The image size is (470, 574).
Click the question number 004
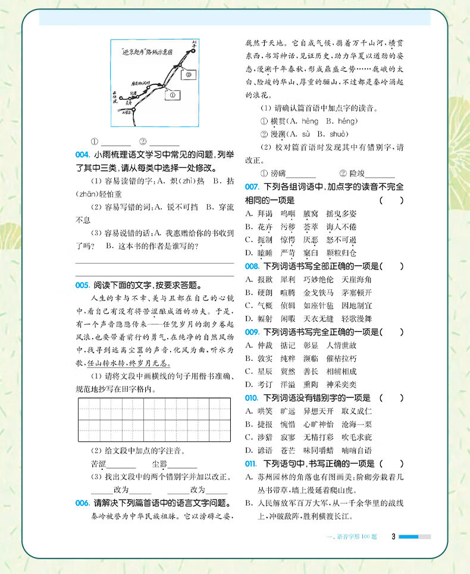pos(82,155)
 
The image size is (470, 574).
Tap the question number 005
pos(82,285)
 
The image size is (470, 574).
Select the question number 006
pos(82,503)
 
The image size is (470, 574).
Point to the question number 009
pos(252,331)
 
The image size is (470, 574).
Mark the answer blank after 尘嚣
pos(183,466)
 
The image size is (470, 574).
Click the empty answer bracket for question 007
pos(392,200)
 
